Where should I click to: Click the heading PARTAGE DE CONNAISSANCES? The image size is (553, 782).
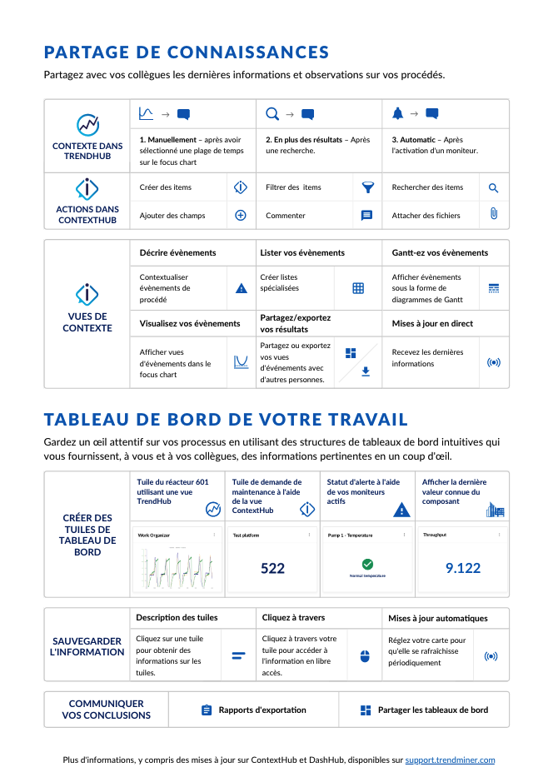coord(187,52)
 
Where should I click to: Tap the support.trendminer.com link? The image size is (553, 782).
coord(450,760)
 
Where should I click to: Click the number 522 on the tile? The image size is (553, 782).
coord(272,568)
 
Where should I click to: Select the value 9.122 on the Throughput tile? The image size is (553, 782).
coord(462,568)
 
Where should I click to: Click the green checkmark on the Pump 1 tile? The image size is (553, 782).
coord(367,565)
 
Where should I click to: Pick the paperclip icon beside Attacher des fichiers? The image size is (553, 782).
coord(493,215)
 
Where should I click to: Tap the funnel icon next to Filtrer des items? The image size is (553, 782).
coord(367,187)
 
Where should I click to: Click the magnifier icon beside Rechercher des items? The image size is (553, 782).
coord(493,188)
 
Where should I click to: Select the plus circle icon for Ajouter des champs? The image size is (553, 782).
coord(241,215)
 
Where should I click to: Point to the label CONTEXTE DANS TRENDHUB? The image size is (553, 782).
coord(87,151)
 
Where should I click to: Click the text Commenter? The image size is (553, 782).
coord(285,216)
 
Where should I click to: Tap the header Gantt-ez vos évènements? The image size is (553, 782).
coord(440,252)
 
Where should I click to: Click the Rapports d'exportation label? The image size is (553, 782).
coord(262,710)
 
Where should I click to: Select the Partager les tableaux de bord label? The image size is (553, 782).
coord(432,710)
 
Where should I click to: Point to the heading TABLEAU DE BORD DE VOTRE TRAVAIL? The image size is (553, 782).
coord(226,419)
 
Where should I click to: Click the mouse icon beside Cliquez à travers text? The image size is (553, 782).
coord(364,656)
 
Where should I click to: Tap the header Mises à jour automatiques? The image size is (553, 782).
coord(438,618)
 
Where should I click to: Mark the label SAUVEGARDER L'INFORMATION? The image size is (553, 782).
coord(87,646)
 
